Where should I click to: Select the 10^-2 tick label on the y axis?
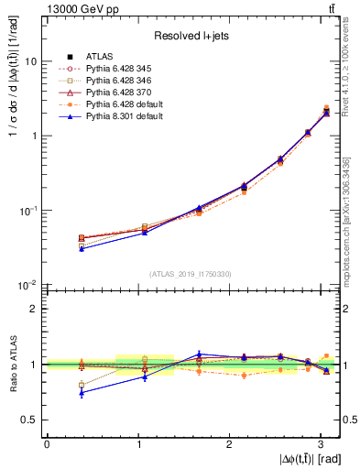pyautogui.click(x=29, y=285)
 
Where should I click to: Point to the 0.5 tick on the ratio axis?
pyautogui.click(x=31, y=420)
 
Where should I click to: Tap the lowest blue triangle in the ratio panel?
pyautogui.click(x=82, y=393)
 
